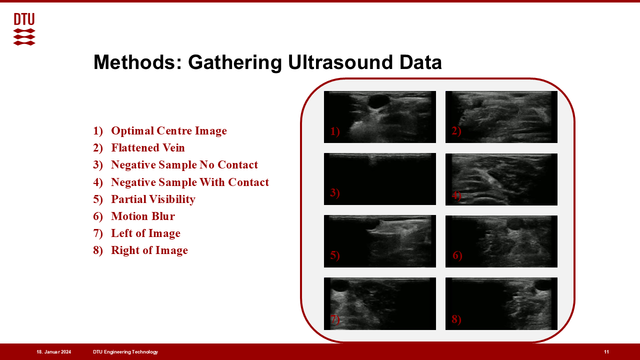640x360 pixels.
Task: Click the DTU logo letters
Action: [24, 19]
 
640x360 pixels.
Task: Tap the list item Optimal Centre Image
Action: [169, 130]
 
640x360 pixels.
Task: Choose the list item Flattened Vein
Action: [148, 147]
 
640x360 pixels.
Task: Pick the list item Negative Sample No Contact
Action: [184, 165]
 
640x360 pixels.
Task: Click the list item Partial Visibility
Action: [153, 199]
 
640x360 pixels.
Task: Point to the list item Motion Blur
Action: [143, 216]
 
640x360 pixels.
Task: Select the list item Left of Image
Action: [145, 233]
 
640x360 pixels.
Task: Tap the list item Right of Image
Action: [149, 250]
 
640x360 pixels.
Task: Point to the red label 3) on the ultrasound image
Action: [335, 193]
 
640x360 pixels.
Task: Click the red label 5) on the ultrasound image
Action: [335, 255]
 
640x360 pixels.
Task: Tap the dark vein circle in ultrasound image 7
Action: [339, 286]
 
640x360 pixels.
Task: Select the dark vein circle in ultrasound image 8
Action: [543, 285]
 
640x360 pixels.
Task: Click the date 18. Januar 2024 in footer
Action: [53, 352]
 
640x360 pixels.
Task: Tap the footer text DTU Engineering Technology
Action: [125, 352]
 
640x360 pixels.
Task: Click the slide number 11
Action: [606, 352]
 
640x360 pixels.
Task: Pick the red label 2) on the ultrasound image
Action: [456, 131]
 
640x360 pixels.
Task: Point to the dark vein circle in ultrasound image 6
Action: [515, 224]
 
